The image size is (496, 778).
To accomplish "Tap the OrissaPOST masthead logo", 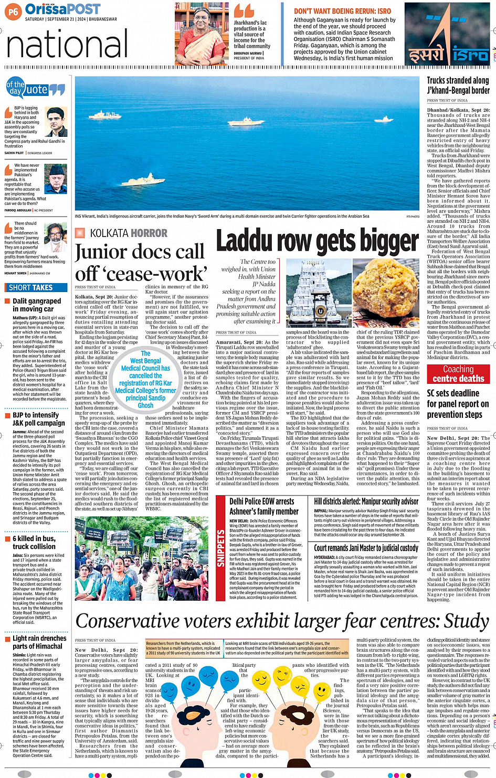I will [62, 9].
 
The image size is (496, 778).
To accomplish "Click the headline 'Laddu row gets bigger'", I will [317, 241].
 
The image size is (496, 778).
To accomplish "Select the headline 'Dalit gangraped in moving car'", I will [37, 305].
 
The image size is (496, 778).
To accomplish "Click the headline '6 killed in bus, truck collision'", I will [34, 542].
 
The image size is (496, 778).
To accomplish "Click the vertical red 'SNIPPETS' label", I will [221, 548].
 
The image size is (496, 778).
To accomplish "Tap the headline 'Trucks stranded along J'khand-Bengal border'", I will [458, 85].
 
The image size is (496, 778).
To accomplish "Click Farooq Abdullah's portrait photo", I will [56, 179].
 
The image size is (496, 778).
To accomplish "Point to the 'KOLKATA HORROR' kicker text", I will [129, 233].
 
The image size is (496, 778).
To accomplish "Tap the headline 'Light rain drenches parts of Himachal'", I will [39, 642].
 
